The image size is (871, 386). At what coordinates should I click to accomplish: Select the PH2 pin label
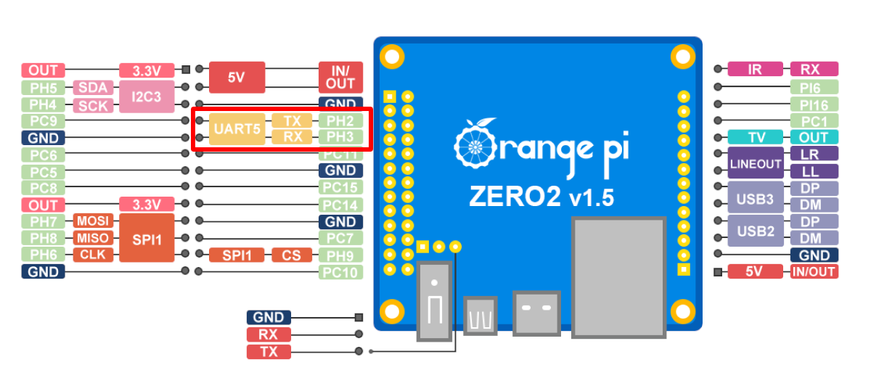click(x=340, y=120)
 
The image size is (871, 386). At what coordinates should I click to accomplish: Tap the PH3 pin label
click(x=340, y=136)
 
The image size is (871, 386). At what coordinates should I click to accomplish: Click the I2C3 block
click(x=147, y=96)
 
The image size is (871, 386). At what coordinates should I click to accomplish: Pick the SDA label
click(x=93, y=88)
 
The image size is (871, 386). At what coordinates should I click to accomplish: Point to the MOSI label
click(x=92, y=221)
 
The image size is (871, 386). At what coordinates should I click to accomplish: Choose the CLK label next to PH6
click(x=92, y=255)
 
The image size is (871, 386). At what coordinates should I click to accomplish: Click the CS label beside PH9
click(x=292, y=255)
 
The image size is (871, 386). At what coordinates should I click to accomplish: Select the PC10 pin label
click(x=340, y=272)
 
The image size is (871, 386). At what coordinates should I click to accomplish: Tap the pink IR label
click(x=755, y=70)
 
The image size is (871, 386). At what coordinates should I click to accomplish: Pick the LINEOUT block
click(x=755, y=164)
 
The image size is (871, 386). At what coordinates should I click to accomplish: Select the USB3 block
click(x=755, y=197)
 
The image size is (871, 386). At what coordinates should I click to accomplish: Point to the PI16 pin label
click(x=814, y=104)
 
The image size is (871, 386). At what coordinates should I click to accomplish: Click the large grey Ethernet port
click(x=618, y=277)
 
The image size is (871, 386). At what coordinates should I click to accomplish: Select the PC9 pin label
click(x=44, y=120)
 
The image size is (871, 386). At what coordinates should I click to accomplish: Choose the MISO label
click(x=92, y=238)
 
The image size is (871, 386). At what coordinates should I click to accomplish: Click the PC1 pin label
click(x=814, y=120)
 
